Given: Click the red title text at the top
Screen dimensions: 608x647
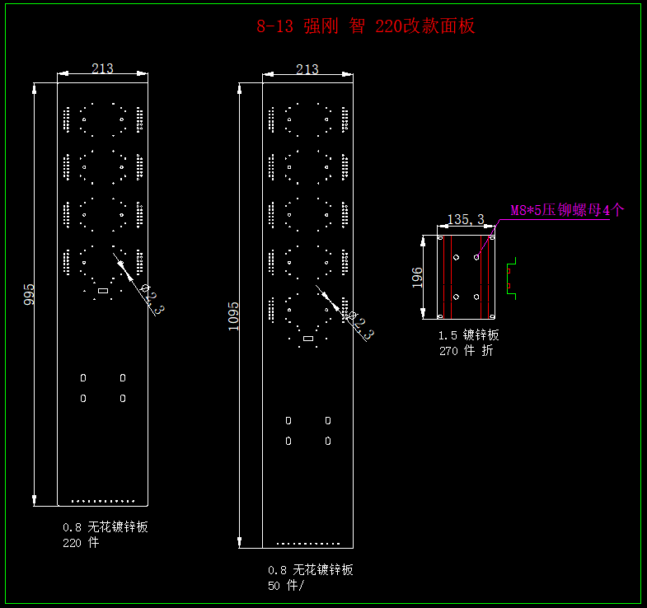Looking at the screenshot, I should (x=365, y=26).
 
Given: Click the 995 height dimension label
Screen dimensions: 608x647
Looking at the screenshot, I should (x=30, y=294).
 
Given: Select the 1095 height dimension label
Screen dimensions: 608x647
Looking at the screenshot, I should (x=234, y=315).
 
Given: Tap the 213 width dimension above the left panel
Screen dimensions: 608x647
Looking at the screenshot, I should (x=102, y=68).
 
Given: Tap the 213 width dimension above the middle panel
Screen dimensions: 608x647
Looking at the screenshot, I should (x=307, y=69).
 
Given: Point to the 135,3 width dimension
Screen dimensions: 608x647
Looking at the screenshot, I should (x=466, y=219).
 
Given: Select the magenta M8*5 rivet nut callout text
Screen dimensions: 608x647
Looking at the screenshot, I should (x=566, y=210).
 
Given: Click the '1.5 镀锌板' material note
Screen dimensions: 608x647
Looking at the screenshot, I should (x=469, y=335).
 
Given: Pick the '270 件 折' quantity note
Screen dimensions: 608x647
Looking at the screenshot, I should (x=466, y=350).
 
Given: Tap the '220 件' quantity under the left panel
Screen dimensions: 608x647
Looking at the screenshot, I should (x=81, y=543).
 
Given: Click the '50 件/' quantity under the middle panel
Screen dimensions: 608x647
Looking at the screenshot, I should (x=285, y=586).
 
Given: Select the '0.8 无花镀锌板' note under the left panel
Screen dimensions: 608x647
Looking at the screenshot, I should (x=105, y=527).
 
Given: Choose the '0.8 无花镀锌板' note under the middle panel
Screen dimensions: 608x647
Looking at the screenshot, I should (x=310, y=570).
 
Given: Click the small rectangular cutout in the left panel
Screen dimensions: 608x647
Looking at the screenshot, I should (x=103, y=290).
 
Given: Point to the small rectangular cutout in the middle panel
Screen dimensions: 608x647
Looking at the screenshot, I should (x=308, y=338).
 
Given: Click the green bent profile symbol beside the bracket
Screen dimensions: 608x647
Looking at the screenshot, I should (x=510, y=278).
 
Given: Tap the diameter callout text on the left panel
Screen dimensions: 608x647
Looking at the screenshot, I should (x=152, y=299).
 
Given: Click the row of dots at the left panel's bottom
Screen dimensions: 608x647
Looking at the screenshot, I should (x=103, y=500).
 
